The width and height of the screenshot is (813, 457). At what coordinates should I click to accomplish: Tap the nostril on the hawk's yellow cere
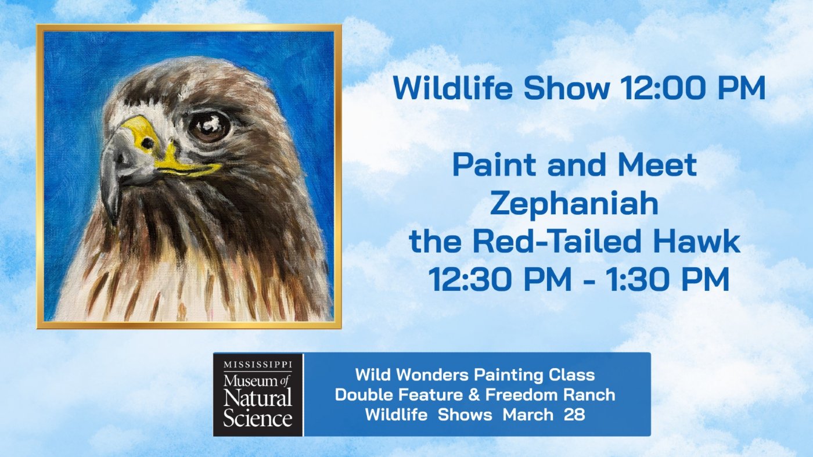pos(148,143)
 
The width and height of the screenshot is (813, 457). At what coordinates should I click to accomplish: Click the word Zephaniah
pos(574,204)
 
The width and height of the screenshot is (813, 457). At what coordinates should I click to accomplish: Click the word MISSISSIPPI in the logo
pos(258,365)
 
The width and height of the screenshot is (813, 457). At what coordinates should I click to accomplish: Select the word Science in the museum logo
pos(258,418)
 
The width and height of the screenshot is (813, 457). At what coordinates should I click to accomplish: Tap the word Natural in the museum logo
pos(258,398)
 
